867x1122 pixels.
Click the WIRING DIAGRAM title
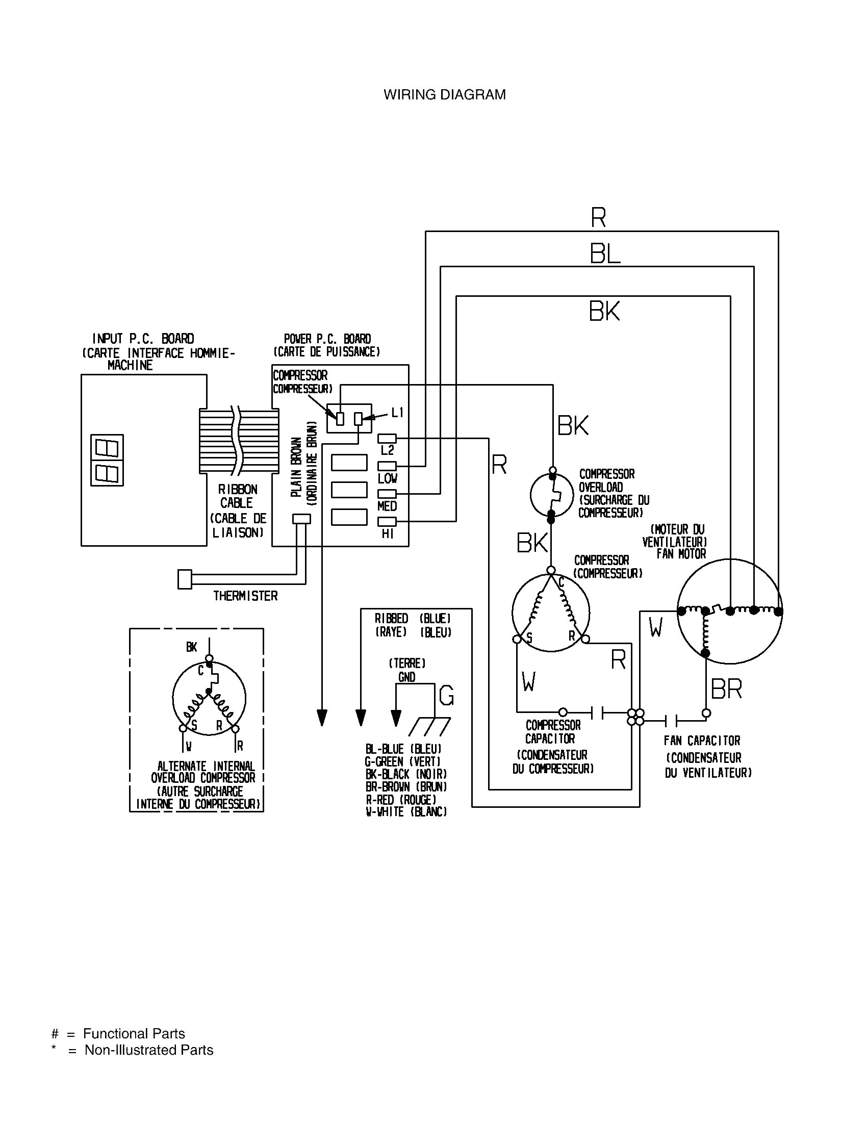444,94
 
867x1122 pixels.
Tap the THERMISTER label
245,596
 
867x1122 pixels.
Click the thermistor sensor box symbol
185,579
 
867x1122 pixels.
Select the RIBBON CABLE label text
237,496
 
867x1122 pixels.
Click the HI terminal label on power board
387,534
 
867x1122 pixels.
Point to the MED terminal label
387,506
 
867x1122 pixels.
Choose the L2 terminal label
387,450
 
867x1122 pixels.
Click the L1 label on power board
398,412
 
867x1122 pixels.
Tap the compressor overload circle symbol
552,495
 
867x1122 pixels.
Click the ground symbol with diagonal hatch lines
430,727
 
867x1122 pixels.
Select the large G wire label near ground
446,696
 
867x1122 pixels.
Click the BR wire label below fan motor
726,690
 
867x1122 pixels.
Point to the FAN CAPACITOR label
702,741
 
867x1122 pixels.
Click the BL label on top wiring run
604,254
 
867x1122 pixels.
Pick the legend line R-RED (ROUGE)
401,799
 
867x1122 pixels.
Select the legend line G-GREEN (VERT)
403,761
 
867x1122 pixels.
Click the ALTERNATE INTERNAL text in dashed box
206,766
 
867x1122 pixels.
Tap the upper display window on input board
107,448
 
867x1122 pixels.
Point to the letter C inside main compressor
561,582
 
